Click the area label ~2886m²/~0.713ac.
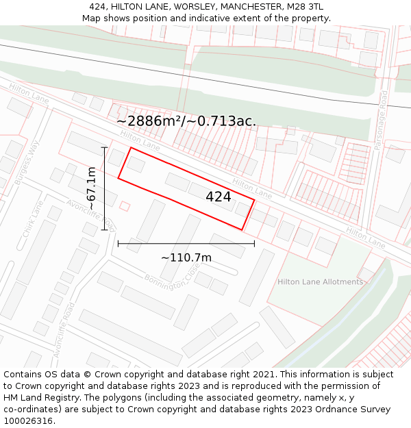(186, 121)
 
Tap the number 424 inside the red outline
(219, 197)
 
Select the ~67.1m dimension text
(91, 188)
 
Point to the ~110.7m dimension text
(186, 258)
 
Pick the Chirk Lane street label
(32, 219)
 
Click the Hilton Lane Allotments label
(320, 282)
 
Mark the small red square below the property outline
(125, 205)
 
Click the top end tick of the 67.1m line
(104, 147)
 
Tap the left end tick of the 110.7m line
(119, 243)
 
